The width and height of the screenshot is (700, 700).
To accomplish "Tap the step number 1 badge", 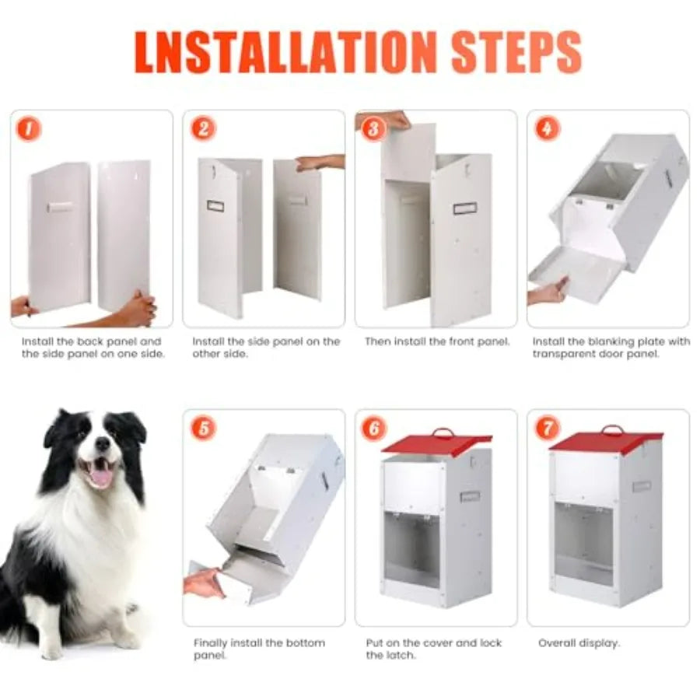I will coord(29,128).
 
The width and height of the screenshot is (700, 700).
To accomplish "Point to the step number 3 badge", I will coord(374,128).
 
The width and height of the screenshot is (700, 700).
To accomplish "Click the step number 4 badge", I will coord(547,128).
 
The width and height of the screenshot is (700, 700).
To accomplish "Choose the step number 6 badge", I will coord(374,428).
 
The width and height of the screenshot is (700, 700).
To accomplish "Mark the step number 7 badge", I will coord(547,428).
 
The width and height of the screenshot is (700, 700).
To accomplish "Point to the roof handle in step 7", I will coord(612,429).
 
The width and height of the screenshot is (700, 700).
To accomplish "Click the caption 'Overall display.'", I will coord(579,643).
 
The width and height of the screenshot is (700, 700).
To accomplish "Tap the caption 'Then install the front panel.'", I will coord(437,341).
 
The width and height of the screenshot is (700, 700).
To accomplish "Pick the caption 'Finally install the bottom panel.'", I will coord(259,649).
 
